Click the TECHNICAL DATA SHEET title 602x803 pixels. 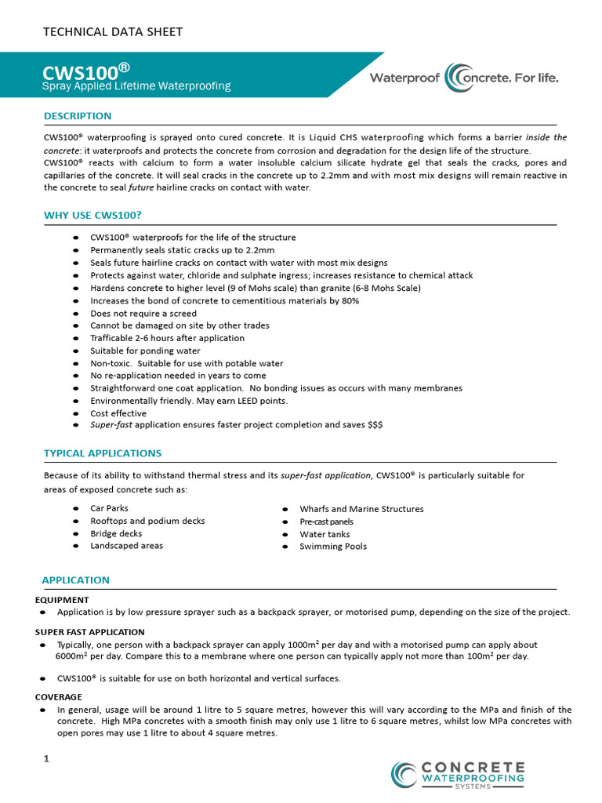click(112, 32)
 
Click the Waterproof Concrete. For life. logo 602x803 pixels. click(464, 78)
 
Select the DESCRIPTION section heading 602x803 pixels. click(78, 116)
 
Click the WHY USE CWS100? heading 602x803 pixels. click(92, 215)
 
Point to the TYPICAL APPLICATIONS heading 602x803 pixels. click(103, 453)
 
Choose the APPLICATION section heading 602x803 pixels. click(76, 580)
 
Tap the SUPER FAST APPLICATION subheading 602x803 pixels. click(90, 632)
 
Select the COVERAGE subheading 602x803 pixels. click(59, 696)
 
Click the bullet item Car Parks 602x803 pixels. click(109, 508)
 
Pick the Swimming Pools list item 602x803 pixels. click(333, 547)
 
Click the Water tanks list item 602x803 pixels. click(325, 534)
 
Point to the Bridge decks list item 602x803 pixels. click(116, 533)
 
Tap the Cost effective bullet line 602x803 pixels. click(118, 413)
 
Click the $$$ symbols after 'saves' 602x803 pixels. click(375, 424)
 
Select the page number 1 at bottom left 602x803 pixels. click(46, 759)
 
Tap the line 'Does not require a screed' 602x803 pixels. click(143, 313)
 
